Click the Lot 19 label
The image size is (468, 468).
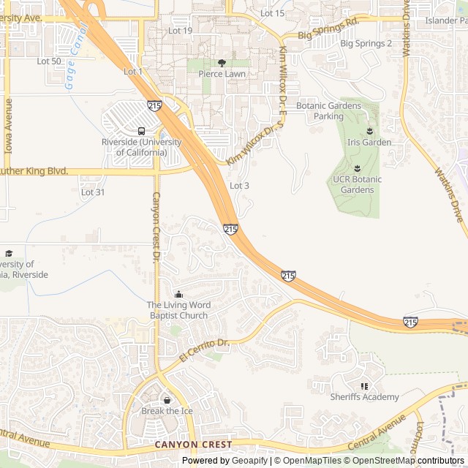pyautogui.click(x=180, y=31)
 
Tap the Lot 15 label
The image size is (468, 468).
pyautogui.click(x=272, y=14)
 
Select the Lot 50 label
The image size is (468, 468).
pyautogui.click(x=49, y=61)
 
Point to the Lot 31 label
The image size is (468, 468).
pyautogui.click(x=93, y=192)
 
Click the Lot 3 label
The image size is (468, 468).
pyautogui.click(x=239, y=186)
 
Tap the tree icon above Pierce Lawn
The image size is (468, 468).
pyautogui.click(x=222, y=63)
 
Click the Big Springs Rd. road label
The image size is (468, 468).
pyautogui.click(x=329, y=33)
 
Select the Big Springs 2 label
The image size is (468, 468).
pyautogui.click(x=366, y=44)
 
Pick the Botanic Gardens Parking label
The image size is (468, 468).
pyautogui.click(x=328, y=111)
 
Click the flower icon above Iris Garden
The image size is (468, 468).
pyautogui.click(x=369, y=131)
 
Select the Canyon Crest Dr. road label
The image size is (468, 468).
pyautogui.click(x=156, y=227)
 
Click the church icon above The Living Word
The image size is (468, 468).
pyautogui.click(x=178, y=294)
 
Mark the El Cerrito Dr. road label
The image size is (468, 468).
pyautogui.click(x=204, y=350)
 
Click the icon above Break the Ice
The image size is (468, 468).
pyautogui.click(x=167, y=400)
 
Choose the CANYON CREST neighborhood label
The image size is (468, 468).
pyautogui.click(x=193, y=445)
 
